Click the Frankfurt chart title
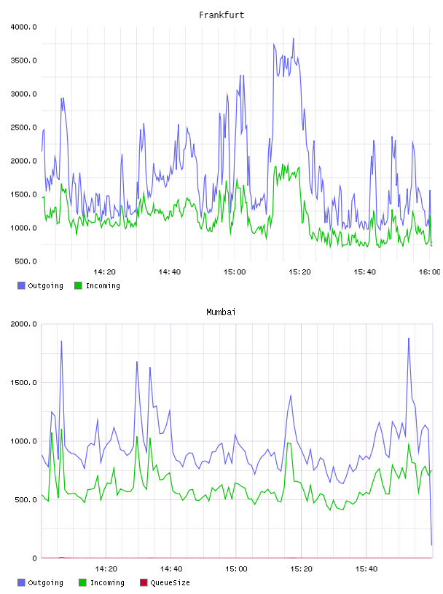[x=221, y=15]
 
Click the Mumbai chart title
[x=221, y=312]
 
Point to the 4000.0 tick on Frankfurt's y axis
[x=23, y=27]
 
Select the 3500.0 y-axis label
[x=23, y=60]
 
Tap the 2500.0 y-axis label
[x=23, y=127]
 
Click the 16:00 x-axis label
[x=429, y=272]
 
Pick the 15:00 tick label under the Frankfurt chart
[x=235, y=272]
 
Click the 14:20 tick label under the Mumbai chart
[x=106, y=569]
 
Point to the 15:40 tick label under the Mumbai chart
[x=366, y=569]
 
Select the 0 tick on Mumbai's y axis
[x=34, y=558]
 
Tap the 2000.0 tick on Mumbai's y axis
[x=23, y=324]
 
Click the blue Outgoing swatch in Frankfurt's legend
[x=21, y=285]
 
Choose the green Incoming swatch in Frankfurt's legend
[x=78, y=285]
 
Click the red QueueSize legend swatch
[x=144, y=582]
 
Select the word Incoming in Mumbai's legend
[x=107, y=583]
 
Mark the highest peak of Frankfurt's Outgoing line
[x=293, y=39]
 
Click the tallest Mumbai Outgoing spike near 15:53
[x=409, y=338]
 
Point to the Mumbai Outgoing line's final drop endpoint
[x=431, y=545]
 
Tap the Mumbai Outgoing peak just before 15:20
[x=291, y=395]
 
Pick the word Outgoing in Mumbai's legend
[x=45, y=583]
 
